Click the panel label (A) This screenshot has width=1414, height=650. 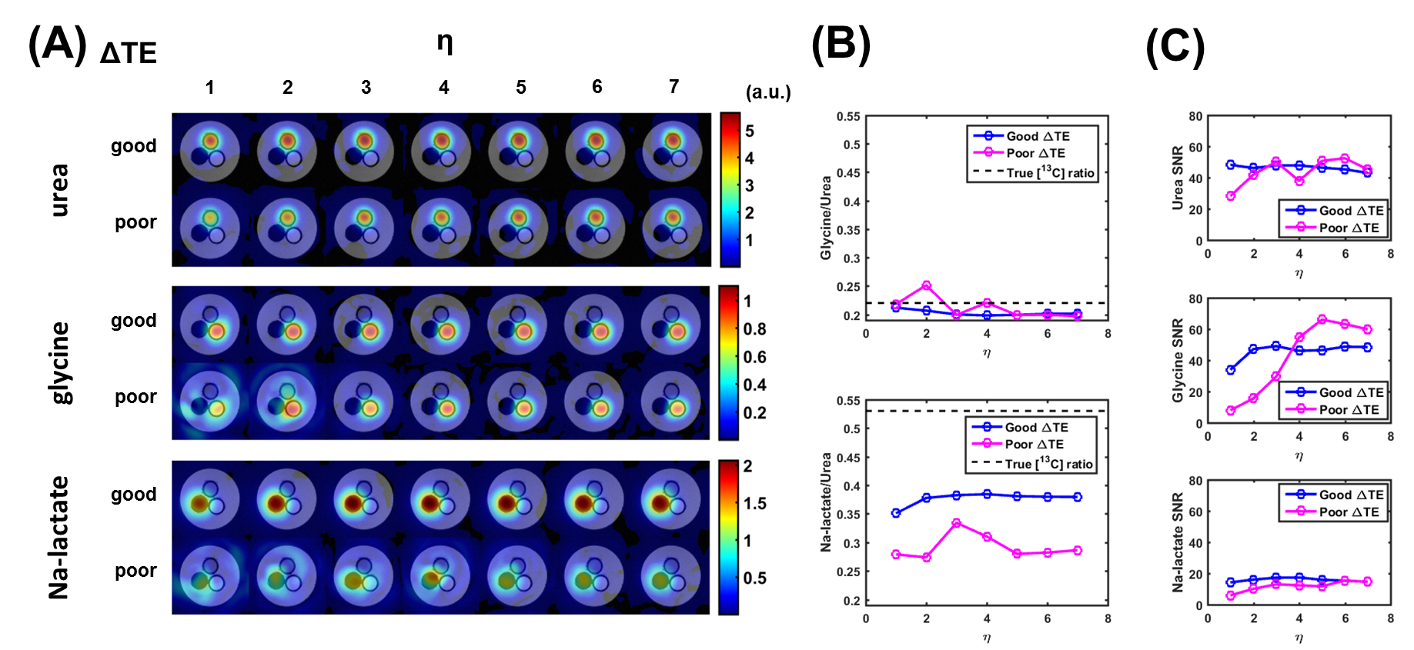(57, 44)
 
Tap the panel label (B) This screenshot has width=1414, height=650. (841, 44)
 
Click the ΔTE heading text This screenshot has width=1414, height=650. (129, 53)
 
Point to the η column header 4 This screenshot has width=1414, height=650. (444, 88)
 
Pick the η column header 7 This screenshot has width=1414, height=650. (674, 87)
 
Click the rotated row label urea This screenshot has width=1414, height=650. (59, 190)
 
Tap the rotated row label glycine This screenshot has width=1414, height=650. (59, 362)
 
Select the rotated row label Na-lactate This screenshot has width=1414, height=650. (59, 537)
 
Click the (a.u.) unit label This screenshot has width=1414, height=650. (767, 92)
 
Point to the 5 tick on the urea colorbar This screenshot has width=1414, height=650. (750, 131)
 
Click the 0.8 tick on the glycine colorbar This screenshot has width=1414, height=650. (754, 329)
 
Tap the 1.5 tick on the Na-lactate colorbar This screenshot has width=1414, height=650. (754, 503)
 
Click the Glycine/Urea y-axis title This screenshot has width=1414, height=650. (826, 218)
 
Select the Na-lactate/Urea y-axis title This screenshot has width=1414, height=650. (826, 502)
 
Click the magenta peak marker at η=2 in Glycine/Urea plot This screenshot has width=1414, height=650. (926, 286)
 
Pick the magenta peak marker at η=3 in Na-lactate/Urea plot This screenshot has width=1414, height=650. (956, 523)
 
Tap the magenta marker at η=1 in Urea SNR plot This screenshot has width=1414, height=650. (1230, 196)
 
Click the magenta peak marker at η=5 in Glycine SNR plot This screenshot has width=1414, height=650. (1322, 319)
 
